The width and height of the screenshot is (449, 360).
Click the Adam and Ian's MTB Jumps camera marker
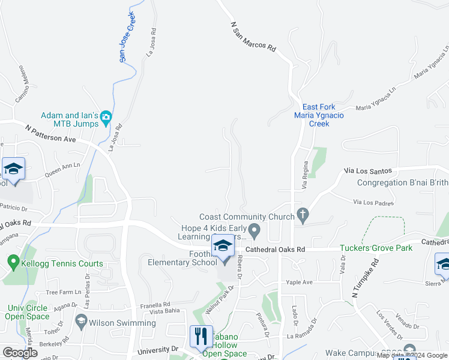click(x=106, y=118)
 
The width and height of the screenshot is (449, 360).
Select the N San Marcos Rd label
click(x=253, y=38)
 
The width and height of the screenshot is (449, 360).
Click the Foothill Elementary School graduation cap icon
click(x=222, y=247)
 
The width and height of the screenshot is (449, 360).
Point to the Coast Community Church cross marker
click(x=303, y=215)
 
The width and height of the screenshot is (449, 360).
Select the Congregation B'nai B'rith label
click(x=402, y=183)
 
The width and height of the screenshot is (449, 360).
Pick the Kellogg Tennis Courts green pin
click(x=13, y=262)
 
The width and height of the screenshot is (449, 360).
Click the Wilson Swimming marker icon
click(x=81, y=322)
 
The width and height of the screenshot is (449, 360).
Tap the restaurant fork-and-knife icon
click(x=201, y=335)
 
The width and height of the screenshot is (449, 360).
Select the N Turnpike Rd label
click(x=366, y=278)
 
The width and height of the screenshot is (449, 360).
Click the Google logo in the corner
click(x=20, y=353)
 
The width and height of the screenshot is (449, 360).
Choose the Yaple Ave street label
click(x=300, y=282)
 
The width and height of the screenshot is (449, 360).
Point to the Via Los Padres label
click(x=373, y=203)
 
